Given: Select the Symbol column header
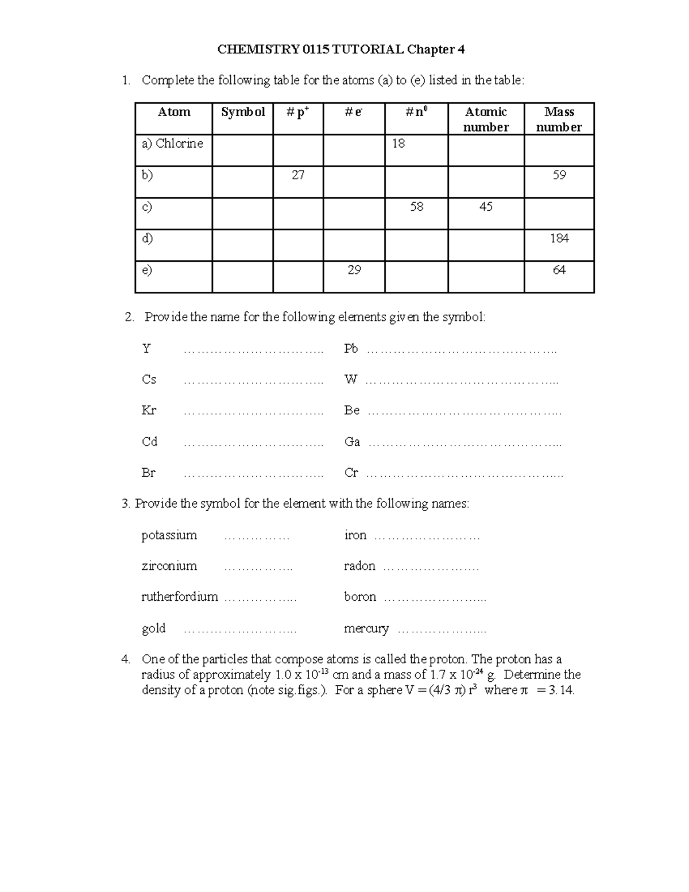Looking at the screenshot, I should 243,112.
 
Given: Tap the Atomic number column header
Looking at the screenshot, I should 486,119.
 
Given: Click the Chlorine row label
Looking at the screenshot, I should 172,144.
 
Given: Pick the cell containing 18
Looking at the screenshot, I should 398,144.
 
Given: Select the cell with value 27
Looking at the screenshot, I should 297,175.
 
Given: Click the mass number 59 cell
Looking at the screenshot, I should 559,175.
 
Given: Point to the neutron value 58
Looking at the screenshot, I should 416,207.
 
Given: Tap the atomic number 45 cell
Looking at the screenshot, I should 486,207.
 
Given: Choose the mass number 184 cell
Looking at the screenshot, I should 559,238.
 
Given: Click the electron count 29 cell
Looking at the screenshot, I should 354,270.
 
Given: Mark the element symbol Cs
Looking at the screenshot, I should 149,380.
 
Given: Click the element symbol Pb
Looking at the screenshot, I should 351,349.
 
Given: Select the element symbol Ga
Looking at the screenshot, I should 352,442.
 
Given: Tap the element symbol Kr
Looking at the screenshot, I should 149,411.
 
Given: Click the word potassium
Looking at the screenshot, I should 169,535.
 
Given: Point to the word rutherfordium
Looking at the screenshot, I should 180,597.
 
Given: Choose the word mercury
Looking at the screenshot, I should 366,628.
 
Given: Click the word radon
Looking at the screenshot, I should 359,566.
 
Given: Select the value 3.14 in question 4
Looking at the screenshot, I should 561,690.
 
